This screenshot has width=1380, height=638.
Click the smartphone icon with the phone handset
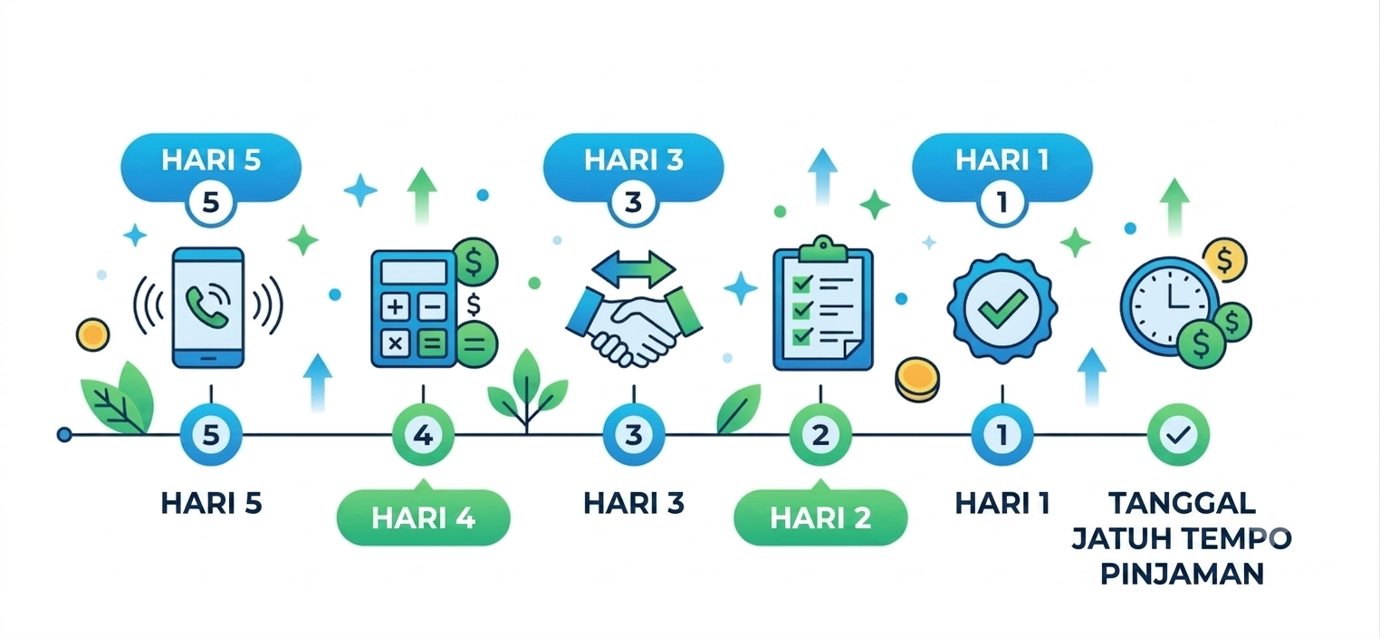[208, 307]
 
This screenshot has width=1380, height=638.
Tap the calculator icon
[414, 308]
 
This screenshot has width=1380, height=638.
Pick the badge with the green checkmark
[1002, 307]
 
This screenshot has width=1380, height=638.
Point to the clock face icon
[1169, 306]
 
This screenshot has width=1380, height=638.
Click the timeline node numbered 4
[423, 435]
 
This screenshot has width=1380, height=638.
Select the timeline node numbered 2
[820, 435]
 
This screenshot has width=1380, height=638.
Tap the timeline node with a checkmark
[1178, 435]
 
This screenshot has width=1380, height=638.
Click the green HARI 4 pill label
[423, 517]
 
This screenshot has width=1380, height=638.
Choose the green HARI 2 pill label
[820, 517]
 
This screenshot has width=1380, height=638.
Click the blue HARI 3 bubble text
[633, 159]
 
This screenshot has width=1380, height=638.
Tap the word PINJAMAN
[1182, 575]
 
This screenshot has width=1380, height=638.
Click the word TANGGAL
[1182, 503]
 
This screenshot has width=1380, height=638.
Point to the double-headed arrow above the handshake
[634, 269]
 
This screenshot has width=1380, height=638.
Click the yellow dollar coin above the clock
[1225, 259]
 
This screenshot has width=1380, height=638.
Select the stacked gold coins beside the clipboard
[917, 379]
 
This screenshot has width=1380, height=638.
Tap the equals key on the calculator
[433, 344]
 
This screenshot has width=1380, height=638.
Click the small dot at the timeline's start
[64, 435]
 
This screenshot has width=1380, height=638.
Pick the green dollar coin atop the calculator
[474, 262]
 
